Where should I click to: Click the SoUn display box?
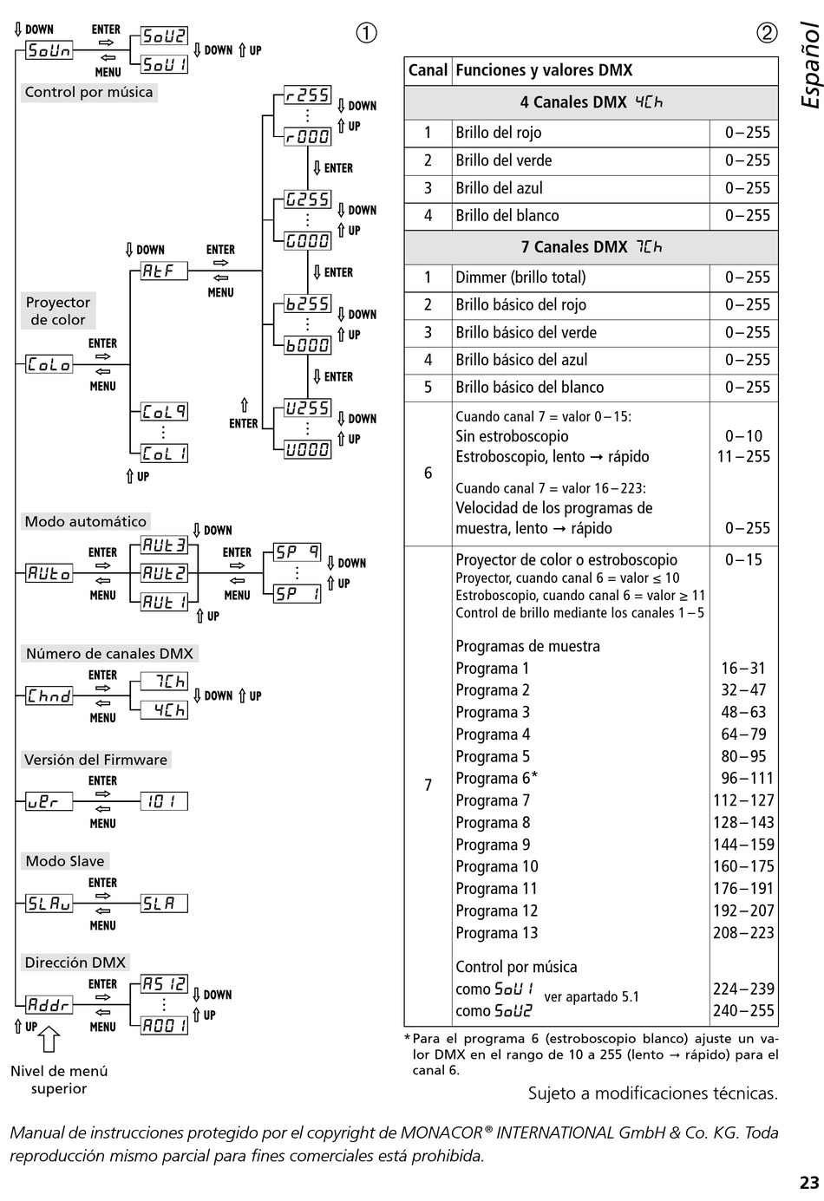pyautogui.click(x=49, y=50)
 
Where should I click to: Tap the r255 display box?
pyautogui.click(x=307, y=95)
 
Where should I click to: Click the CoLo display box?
pyautogui.click(x=49, y=364)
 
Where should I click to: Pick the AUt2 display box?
pyautogui.click(x=164, y=573)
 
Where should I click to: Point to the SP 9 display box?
pyautogui.click(x=297, y=552)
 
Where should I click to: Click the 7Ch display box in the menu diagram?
pyautogui.click(x=164, y=682)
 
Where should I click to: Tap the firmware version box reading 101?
pyautogui.click(x=164, y=801)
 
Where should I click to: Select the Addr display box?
pyautogui.click(x=49, y=1005)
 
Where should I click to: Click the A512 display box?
pyautogui.click(x=164, y=984)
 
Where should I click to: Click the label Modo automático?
pyautogui.click(x=85, y=521)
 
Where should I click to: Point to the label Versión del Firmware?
pyautogui.click(x=95, y=760)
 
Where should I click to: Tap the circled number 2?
pyautogui.click(x=767, y=33)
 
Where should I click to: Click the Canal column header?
pyautogui.click(x=428, y=71)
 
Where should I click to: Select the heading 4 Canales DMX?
pyautogui.click(x=591, y=102)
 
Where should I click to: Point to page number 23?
pyautogui.click(x=808, y=1183)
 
